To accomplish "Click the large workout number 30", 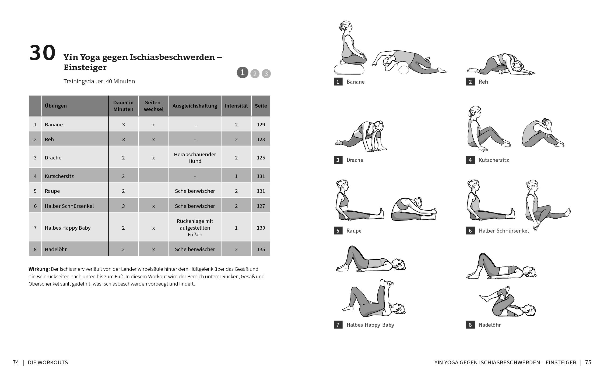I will pyautogui.click(x=42, y=53).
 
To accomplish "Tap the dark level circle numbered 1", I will pyautogui.click(x=242, y=73).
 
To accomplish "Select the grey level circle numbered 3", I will pyautogui.click(x=266, y=74).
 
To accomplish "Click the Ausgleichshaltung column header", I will pyautogui.click(x=195, y=106).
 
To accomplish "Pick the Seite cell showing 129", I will pyautogui.click(x=261, y=125).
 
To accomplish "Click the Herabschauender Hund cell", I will pyautogui.click(x=195, y=158).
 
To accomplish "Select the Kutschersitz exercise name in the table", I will pyautogui.click(x=59, y=176).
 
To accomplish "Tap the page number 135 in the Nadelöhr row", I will pyautogui.click(x=261, y=250).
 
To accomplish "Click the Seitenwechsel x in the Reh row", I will pyautogui.click(x=153, y=140).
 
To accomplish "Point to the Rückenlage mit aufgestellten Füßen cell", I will pyautogui.click(x=195, y=228).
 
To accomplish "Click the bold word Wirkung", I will pyautogui.click(x=39, y=269).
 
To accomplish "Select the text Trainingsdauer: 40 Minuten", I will pyautogui.click(x=99, y=81).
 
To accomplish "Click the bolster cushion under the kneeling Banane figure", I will pyautogui.click(x=349, y=69).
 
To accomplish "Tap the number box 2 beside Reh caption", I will pyautogui.click(x=470, y=82).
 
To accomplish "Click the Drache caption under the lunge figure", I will pyautogui.click(x=354, y=160).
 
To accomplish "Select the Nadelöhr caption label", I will pyautogui.click(x=489, y=325).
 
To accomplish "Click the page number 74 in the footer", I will pyautogui.click(x=16, y=362).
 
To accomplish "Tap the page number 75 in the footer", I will pyautogui.click(x=588, y=362).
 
